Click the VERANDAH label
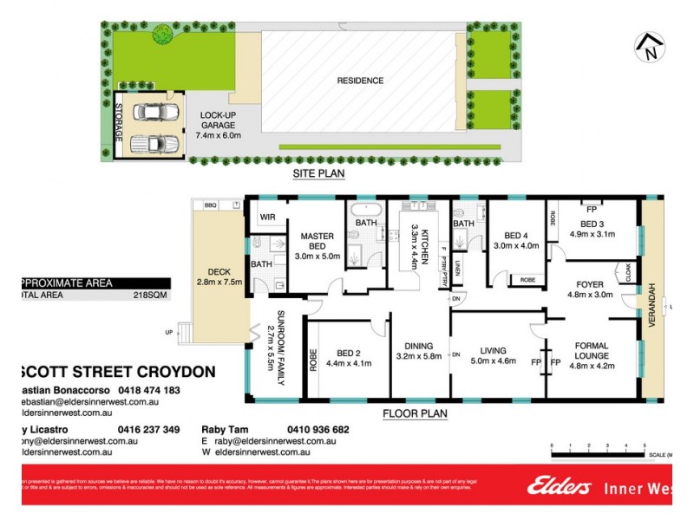(653, 305)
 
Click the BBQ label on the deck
(210, 205)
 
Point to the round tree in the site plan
(162, 35)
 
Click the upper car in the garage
(153, 113)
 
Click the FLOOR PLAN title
(415, 414)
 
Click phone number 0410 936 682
(318, 429)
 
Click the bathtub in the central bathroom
(359, 212)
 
